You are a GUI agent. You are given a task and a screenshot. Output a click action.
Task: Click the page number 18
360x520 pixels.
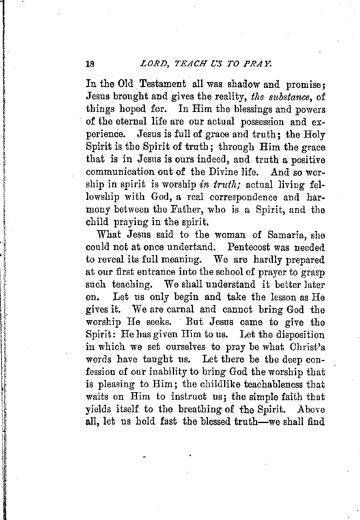(91, 64)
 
